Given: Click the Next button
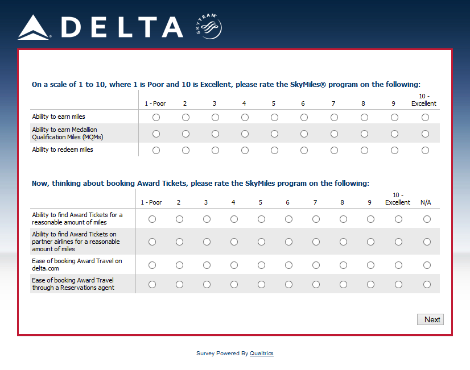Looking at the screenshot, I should [x=430, y=319].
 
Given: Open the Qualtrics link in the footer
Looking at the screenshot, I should [x=261, y=354].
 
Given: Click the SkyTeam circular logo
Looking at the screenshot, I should [x=209, y=27].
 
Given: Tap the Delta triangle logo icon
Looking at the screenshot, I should [x=34, y=27].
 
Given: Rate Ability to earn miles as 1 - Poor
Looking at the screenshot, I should [x=156, y=117].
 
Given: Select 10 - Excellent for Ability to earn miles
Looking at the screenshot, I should [x=425, y=117].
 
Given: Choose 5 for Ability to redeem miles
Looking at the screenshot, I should [x=274, y=151].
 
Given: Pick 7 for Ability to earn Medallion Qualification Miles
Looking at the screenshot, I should [x=334, y=134].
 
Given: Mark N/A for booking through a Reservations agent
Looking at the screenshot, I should [x=427, y=284].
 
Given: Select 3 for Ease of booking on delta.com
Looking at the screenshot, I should [x=207, y=265].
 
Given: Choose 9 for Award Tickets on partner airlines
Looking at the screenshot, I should [x=370, y=242].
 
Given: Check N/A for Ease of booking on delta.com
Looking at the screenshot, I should [x=427, y=265].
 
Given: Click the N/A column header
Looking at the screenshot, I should [x=426, y=202].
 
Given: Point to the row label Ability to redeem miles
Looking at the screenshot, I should [x=63, y=150].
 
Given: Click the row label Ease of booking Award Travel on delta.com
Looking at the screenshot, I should [x=77, y=265].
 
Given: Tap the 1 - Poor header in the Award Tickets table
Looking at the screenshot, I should [x=151, y=202].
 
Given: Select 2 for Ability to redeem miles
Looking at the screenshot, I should [x=185, y=151].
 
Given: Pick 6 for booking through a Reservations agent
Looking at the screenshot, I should [x=288, y=284].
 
